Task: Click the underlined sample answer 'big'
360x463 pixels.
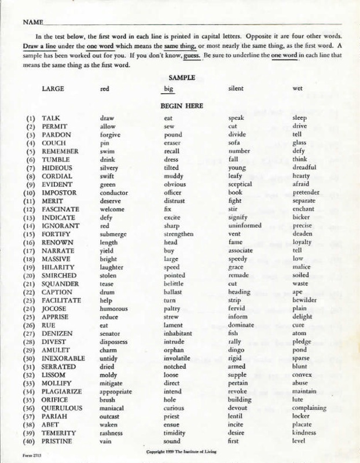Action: pos(169,89)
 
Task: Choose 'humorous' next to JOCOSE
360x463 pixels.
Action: pos(115,309)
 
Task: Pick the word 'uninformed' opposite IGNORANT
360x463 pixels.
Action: pos(245,225)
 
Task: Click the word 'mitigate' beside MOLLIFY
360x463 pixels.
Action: pos(113,384)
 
